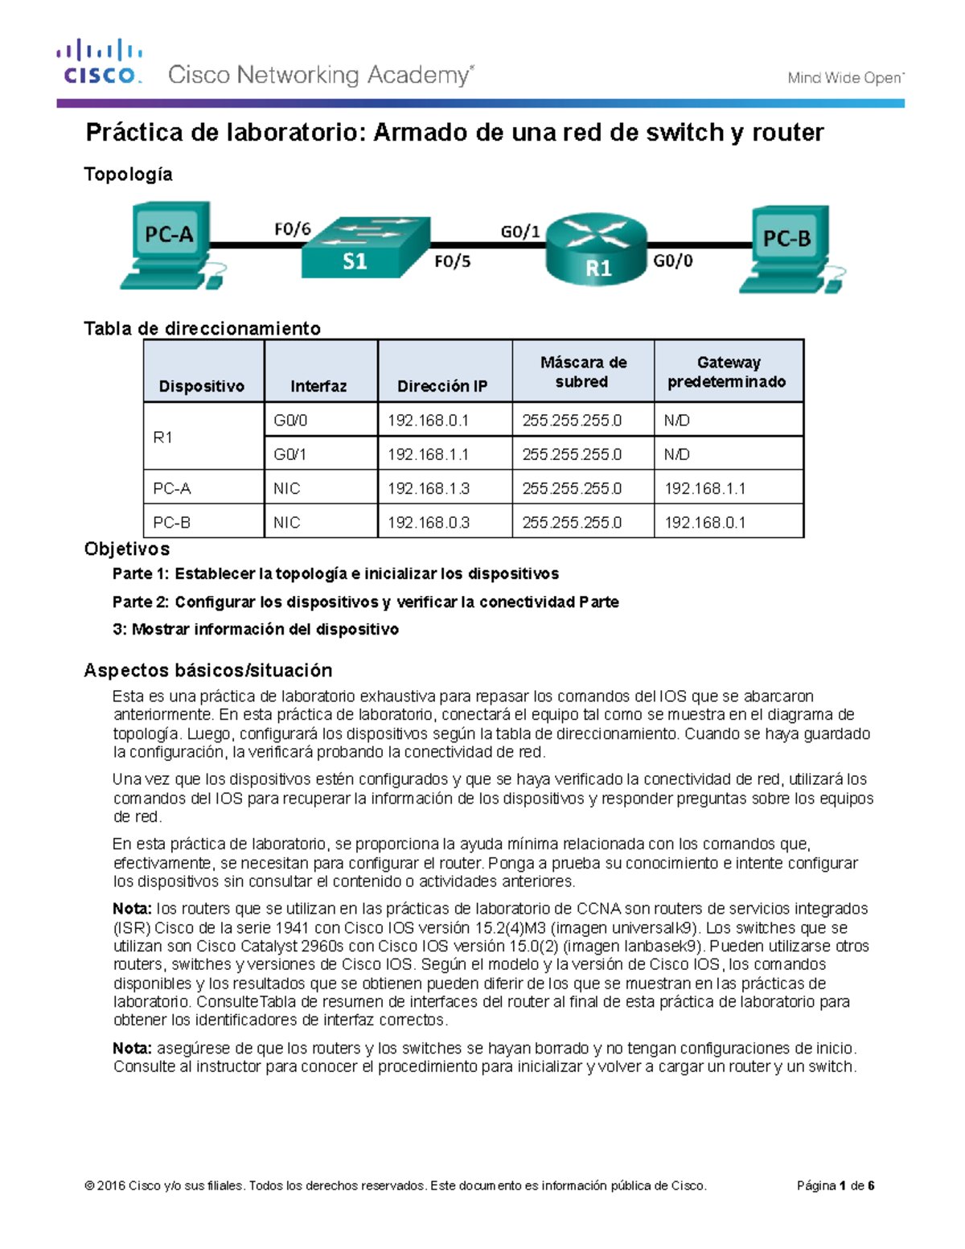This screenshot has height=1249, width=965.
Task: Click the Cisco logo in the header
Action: (100, 62)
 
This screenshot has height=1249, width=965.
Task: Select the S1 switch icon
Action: (366, 247)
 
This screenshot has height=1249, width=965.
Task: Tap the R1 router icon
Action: (597, 249)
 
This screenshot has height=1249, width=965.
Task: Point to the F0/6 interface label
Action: (292, 229)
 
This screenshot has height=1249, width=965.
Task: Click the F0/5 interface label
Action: (453, 261)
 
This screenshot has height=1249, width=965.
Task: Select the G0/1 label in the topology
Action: (520, 232)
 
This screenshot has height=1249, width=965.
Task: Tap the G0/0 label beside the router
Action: (672, 261)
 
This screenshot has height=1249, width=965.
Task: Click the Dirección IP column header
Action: (442, 386)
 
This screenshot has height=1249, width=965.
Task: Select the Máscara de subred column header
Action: (583, 372)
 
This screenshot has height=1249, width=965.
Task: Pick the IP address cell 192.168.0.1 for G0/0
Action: (428, 421)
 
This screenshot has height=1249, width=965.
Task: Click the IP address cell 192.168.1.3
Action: (428, 488)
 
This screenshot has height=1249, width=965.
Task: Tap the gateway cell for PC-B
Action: (704, 523)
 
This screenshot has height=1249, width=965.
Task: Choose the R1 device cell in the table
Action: (163, 438)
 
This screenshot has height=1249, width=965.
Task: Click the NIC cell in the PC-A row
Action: (286, 488)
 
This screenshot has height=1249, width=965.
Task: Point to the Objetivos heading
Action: (127, 549)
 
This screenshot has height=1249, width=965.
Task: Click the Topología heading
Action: (129, 175)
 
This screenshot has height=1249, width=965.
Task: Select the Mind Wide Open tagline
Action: (845, 78)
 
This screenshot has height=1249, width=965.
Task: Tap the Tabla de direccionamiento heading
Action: (202, 328)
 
